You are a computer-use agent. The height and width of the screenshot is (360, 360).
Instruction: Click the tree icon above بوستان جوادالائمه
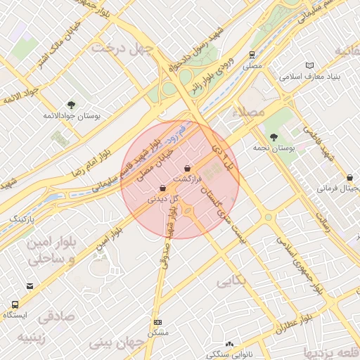71,104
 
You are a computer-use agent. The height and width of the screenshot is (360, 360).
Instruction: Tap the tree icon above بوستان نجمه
274,138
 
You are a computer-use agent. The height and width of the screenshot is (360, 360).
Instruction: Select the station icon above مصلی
252,54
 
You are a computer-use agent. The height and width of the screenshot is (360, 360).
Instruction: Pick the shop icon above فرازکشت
187,169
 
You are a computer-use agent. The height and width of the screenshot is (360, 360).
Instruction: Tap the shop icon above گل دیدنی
163,188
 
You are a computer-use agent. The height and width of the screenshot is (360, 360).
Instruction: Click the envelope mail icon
30,286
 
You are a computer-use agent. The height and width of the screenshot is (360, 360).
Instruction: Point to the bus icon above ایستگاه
15,304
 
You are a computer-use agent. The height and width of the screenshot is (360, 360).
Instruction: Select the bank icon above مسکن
157,322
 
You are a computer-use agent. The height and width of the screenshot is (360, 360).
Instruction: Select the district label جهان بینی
117,343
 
